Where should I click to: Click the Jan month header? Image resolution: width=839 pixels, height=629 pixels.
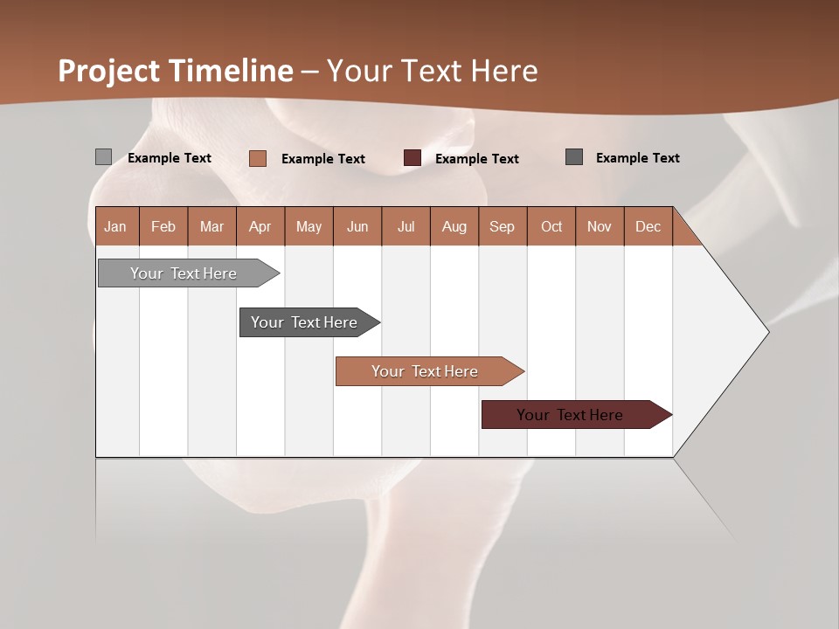(115, 227)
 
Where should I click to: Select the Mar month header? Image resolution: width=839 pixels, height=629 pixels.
(211, 227)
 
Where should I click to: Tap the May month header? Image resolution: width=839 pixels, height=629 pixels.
(309, 227)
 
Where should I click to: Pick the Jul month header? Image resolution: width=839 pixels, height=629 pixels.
(406, 227)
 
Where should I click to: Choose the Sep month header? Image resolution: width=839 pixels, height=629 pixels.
(502, 227)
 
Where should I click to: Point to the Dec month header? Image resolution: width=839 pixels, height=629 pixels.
(648, 227)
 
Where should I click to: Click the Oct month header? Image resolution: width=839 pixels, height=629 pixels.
(551, 227)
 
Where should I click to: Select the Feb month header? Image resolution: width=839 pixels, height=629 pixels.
(163, 227)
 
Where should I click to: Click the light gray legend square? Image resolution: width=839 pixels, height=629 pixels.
(103, 157)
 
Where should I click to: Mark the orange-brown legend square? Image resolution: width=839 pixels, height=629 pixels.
(258, 158)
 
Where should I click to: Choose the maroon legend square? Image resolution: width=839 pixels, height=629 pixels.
(413, 158)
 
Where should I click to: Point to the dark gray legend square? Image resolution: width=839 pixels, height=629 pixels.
(574, 157)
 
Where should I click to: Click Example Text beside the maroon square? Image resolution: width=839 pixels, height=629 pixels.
(477, 159)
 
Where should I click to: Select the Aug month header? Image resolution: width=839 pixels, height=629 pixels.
(454, 227)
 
